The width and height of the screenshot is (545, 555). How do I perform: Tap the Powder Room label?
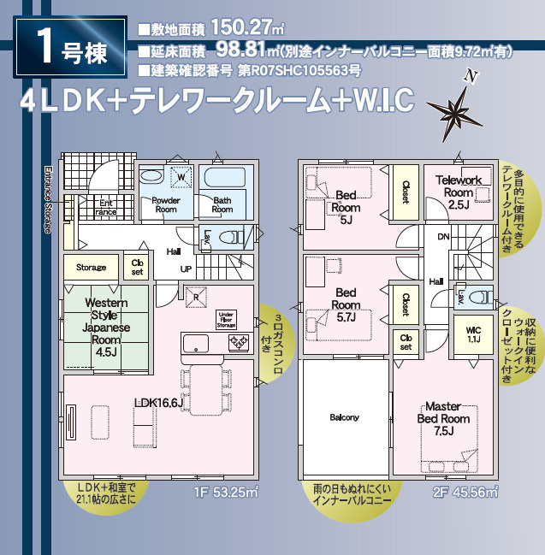(x=166, y=204)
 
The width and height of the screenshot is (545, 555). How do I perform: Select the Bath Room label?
(x=222, y=204)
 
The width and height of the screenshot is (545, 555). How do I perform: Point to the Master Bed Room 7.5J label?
(x=443, y=419)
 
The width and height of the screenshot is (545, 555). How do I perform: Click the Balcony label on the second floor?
(x=345, y=417)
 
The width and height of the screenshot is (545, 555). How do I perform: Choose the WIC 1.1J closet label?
(x=473, y=334)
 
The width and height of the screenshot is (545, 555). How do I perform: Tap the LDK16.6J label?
(x=159, y=403)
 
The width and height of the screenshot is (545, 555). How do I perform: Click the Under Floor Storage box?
(x=227, y=319)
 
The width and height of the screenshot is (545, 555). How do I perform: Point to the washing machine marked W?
(x=181, y=178)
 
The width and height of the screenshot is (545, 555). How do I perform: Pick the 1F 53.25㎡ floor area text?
(x=226, y=492)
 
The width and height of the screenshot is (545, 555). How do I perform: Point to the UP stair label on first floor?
(x=185, y=268)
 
